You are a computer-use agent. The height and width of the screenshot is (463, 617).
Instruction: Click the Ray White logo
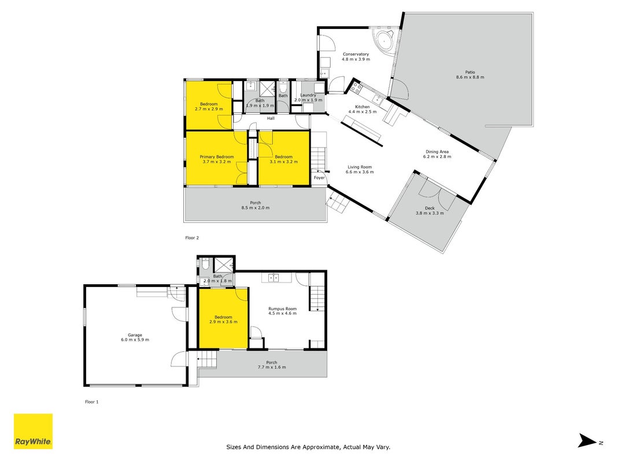tap(33, 431)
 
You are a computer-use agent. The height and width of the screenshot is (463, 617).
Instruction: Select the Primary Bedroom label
tap(216, 157)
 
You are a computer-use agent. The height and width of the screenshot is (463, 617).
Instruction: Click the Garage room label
tap(135, 335)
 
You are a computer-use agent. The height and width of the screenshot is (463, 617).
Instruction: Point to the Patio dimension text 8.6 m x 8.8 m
tap(470, 77)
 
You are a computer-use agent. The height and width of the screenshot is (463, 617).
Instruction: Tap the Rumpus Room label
tap(283, 308)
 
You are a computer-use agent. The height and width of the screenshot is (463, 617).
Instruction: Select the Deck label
tap(430, 208)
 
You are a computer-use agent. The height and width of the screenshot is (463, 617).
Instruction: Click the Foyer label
tap(319, 178)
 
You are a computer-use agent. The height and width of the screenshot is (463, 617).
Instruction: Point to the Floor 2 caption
tap(192, 238)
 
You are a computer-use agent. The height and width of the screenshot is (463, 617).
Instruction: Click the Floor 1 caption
tap(92, 402)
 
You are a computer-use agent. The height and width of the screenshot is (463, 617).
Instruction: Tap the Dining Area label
tap(437, 152)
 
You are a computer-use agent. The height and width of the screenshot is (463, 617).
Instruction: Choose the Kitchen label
tap(363, 106)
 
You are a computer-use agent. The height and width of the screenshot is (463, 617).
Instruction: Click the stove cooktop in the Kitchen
tap(356, 87)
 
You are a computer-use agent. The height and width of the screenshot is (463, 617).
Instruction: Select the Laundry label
tap(308, 95)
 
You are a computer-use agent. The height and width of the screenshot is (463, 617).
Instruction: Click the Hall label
tap(271, 118)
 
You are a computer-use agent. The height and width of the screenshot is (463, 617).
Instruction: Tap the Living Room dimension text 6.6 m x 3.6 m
tap(360, 172)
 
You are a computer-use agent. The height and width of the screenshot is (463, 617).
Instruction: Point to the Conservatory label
tap(356, 54)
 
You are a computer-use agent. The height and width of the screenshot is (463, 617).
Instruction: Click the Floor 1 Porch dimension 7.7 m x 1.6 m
tap(272, 367)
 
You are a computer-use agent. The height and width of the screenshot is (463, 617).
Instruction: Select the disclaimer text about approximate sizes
tap(308, 447)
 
